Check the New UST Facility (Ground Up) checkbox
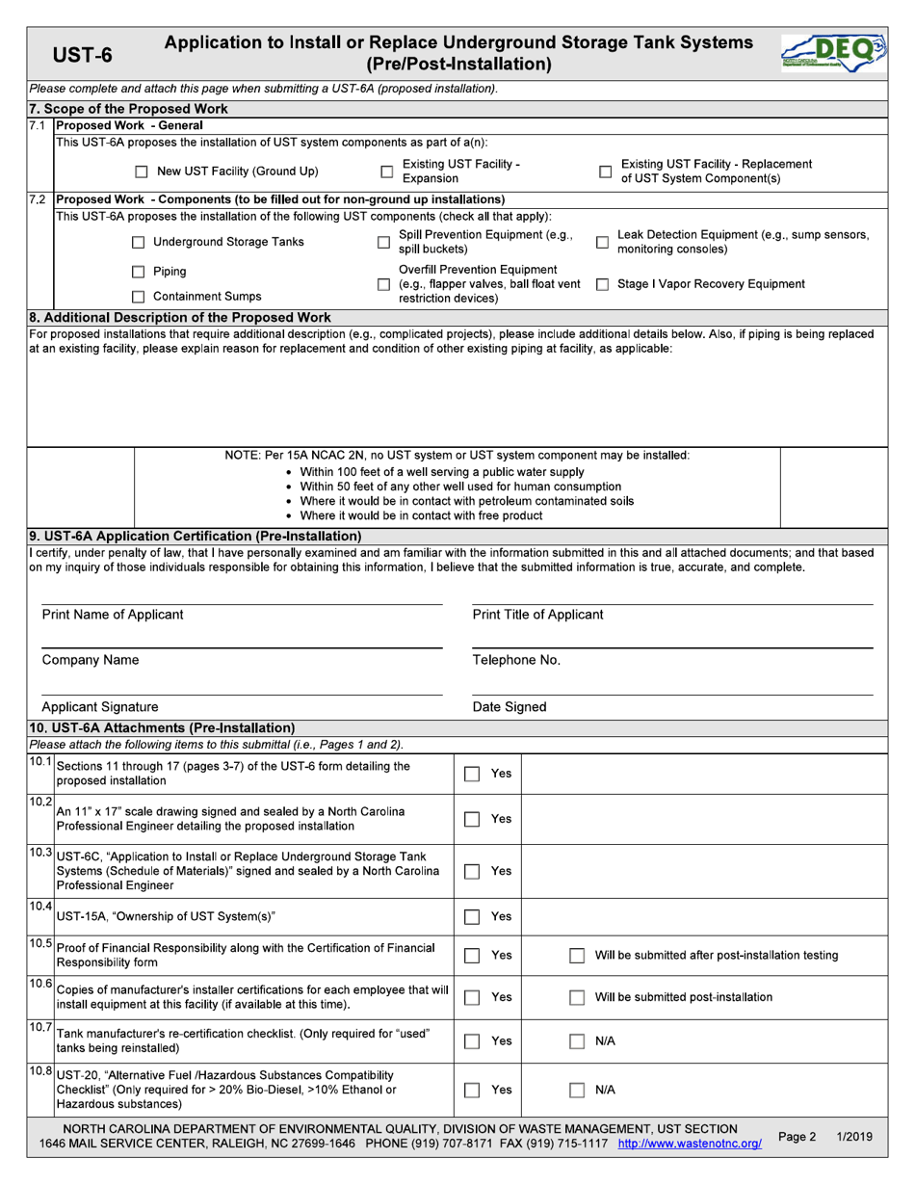click(141, 172)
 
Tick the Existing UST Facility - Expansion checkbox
click(386, 172)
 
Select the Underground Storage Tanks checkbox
click(138, 243)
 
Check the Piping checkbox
click(138, 272)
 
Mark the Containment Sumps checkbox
click(138, 298)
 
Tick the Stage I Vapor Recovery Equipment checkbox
click(603, 284)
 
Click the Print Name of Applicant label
click(113, 615)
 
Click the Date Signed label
click(510, 707)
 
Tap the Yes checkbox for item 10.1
click(472, 774)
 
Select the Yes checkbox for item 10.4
click(472, 916)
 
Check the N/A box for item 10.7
click(576, 1040)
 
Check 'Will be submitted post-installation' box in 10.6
click(576, 998)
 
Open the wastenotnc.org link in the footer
click(689, 1145)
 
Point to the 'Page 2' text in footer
click(797, 1137)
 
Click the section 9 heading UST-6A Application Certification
click(196, 536)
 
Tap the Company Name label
click(91, 661)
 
